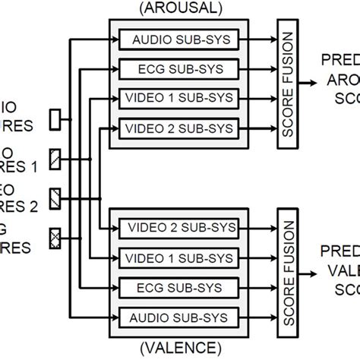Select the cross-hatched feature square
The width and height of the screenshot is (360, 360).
point(55,235)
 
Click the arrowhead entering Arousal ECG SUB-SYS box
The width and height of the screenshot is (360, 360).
point(114,69)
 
